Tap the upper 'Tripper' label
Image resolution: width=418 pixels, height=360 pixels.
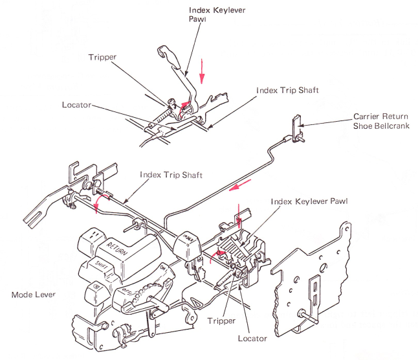coord(103,56)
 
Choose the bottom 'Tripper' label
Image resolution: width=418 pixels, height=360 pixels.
coord(222,321)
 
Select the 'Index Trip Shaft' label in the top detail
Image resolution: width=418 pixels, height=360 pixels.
coord(287,89)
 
